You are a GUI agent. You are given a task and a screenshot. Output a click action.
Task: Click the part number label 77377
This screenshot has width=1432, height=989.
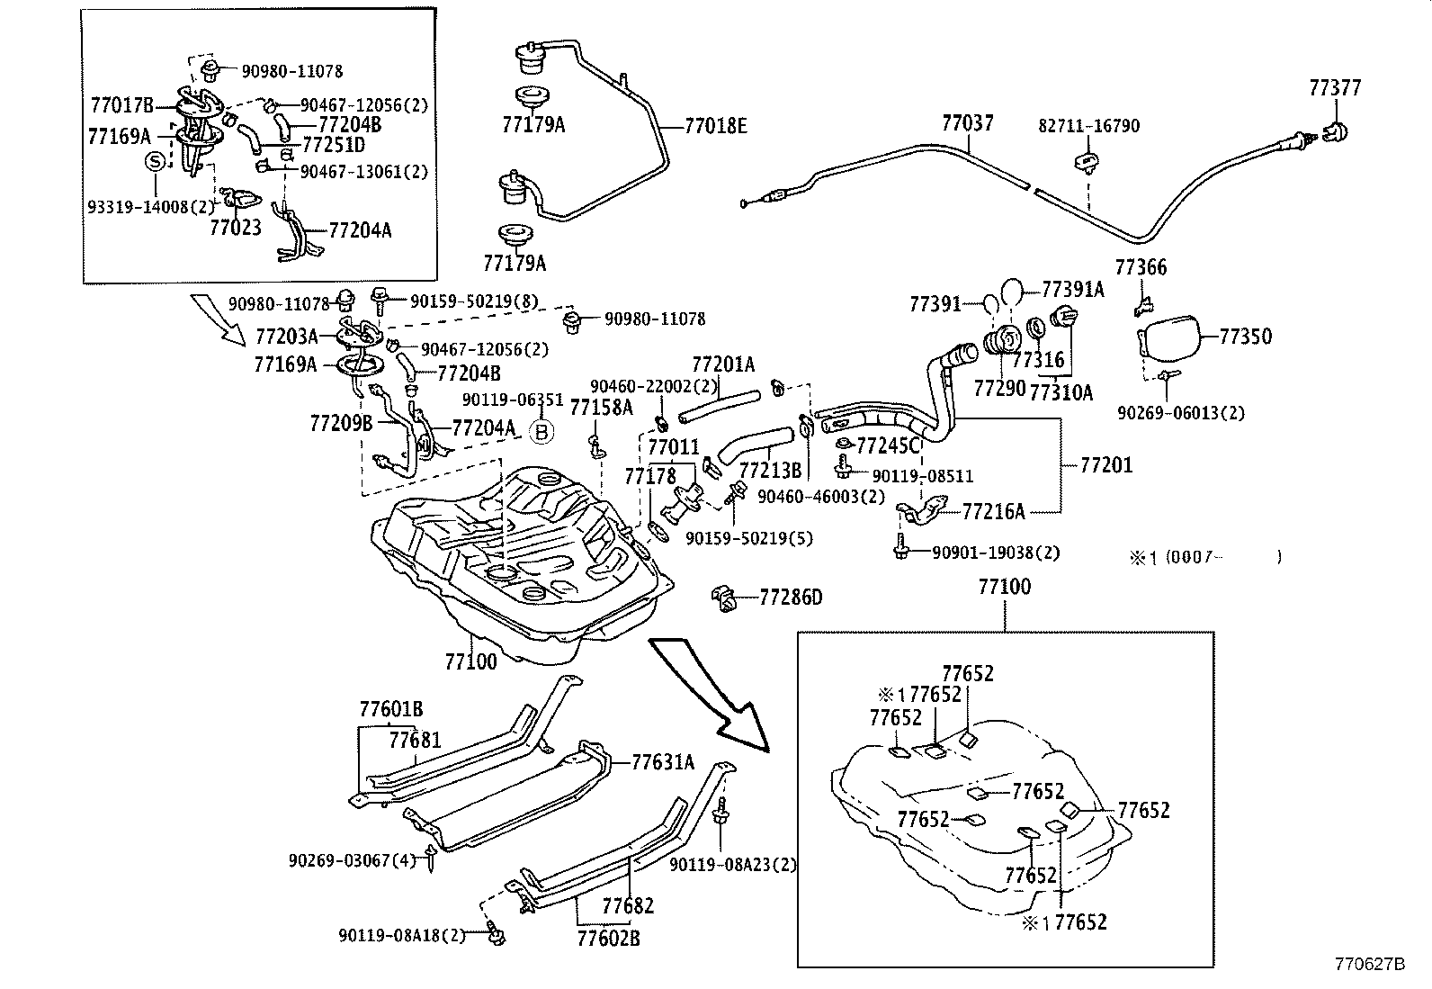click(1335, 88)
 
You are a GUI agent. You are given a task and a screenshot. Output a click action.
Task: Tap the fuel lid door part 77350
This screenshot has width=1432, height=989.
click(1170, 338)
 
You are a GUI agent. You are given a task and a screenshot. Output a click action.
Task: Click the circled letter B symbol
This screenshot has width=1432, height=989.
click(541, 432)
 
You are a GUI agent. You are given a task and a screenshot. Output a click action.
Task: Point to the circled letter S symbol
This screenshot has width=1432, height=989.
click(156, 162)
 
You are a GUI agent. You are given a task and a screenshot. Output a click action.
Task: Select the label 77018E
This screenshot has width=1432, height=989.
click(716, 126)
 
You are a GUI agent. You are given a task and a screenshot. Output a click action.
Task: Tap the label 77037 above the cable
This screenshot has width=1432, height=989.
click(968, 122)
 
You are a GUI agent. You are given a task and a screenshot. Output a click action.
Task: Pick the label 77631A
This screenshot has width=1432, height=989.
click(663, 763)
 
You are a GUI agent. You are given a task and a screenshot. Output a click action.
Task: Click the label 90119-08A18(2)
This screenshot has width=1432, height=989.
click(402, 936)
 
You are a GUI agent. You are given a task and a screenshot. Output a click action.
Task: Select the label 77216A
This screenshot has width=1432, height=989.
click(993, 512)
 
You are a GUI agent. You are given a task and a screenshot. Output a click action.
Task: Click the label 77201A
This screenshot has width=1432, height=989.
click(723, 364)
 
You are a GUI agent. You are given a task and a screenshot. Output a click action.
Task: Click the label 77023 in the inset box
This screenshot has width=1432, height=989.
click(236, 228)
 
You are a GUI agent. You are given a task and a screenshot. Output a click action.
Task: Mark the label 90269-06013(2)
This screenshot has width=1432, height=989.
click(1181, 413)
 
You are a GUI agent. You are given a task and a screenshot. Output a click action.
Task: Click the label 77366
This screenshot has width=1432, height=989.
click(1141, 267)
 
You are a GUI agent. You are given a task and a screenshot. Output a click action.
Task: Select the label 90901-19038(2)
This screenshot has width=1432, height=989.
click(983, 553)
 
